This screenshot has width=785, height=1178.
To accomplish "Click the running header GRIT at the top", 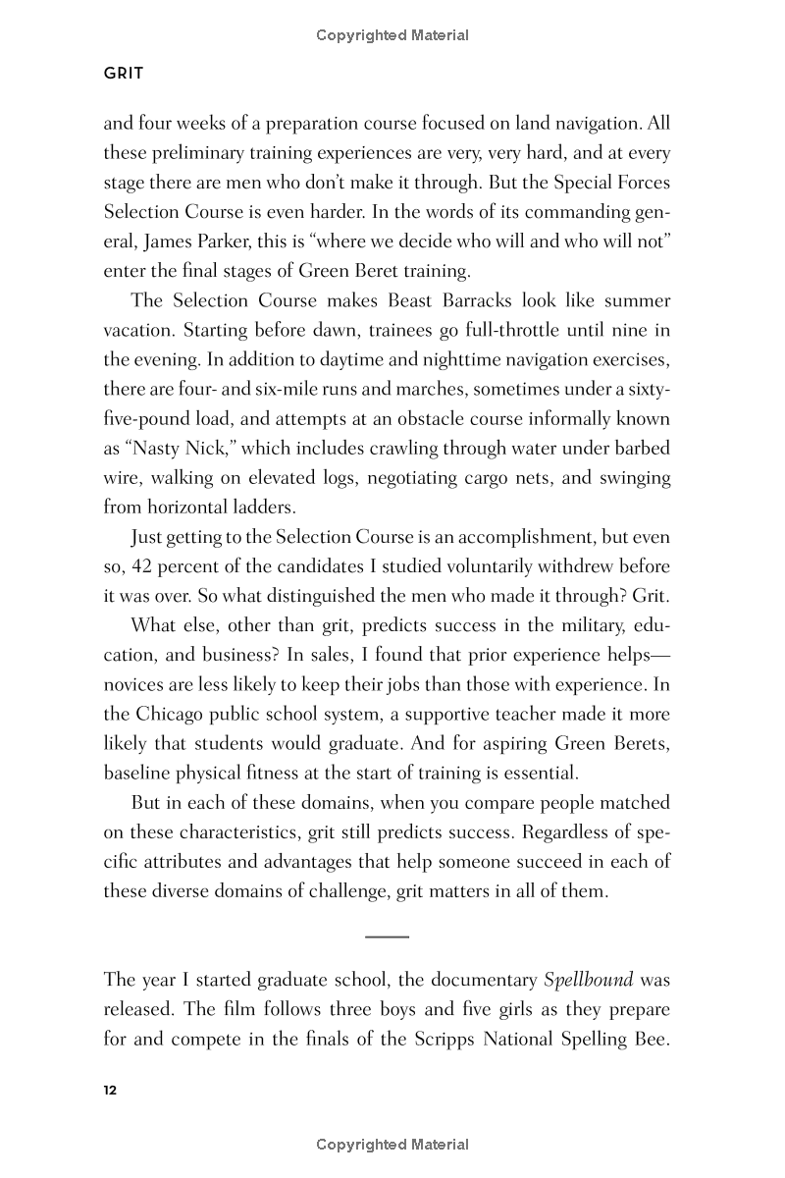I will [124, 74].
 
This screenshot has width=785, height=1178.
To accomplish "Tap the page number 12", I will [110, 1091].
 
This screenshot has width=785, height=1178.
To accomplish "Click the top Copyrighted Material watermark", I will [392, 35].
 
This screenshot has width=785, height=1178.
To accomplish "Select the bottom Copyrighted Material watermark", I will [392, 1145].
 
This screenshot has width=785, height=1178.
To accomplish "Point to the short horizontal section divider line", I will [387, 937].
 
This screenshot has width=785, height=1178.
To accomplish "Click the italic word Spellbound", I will [588, 980].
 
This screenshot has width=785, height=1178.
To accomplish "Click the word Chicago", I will [175, 715].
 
